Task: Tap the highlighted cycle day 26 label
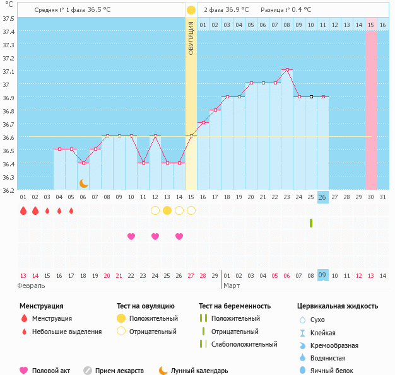tap(322, 197)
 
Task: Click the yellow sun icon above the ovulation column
tap(191, 10)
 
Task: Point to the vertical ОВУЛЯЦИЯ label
tap(191, 38)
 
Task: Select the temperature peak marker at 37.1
tap(287, 69)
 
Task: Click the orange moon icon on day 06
tap(83, 183)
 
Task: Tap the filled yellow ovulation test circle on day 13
tap(167, 211)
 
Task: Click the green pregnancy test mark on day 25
tap(311, 223)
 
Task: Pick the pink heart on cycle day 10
tap(131, 236)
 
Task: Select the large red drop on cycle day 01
tap(23, 211)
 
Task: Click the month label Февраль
tap(32, 286)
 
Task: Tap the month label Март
tap(231, 286)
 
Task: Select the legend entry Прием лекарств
tap(119, 371)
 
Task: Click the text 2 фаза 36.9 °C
tap(226, 10)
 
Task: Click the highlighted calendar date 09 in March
tap(322, 275)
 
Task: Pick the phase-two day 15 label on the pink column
tap(371, 25)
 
